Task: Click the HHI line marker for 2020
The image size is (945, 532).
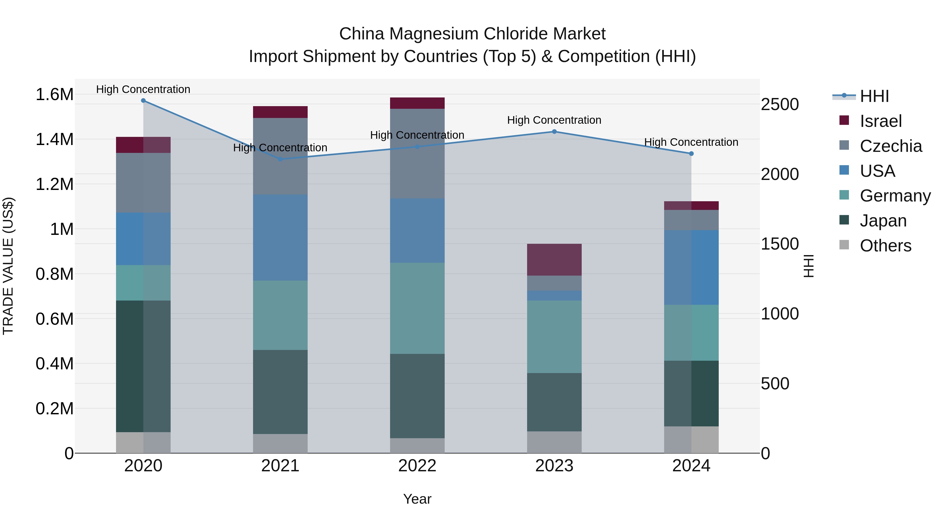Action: (143, 101)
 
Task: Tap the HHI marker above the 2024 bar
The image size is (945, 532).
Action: (691, 153)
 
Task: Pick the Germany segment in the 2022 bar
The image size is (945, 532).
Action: (417, 308)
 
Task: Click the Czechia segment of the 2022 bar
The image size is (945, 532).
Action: (417, 153)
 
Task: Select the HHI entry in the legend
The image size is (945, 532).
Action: (874, 96)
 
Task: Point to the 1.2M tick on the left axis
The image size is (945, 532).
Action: (54, 184)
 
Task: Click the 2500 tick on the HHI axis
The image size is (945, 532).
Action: (780, 104)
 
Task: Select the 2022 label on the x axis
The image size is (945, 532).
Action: (417, 466)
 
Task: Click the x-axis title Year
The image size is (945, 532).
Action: (417, 499)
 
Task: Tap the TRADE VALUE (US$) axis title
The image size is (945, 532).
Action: (8, 266)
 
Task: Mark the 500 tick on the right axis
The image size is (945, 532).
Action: (775, 384)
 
